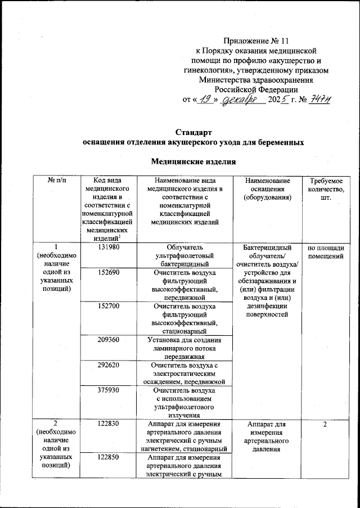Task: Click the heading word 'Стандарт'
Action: tap(193, 132)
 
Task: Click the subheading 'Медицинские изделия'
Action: tap(193, 162)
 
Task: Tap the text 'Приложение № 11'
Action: tap(256, 41)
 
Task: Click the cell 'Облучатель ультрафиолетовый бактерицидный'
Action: tap(185, 255)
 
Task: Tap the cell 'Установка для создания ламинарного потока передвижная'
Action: tap(185, 348)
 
